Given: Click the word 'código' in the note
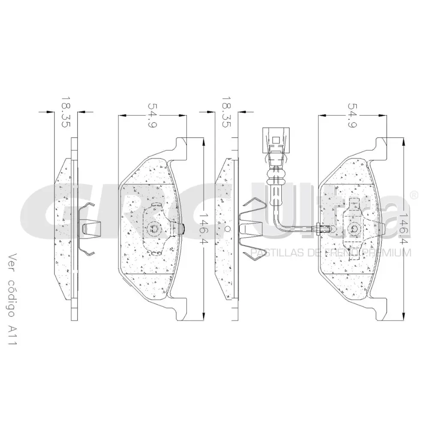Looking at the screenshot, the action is pos(11,298).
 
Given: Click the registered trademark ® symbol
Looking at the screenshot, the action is pos(414,195).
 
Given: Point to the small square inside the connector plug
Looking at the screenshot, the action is pos(276,140).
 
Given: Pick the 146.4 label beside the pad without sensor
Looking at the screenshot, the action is pos(204,229).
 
